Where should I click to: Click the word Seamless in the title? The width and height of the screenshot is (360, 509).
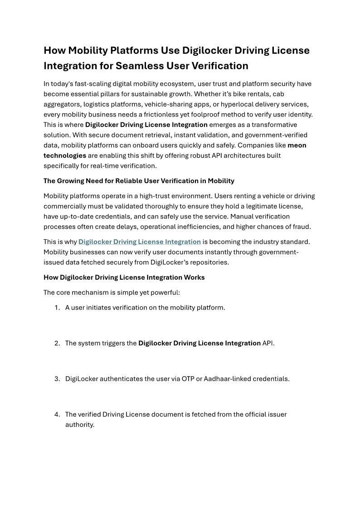[x=136, y=66]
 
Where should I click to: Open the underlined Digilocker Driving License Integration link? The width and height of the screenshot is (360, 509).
[x=139, y=242]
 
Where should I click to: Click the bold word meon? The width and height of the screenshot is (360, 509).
[x=297, y=145]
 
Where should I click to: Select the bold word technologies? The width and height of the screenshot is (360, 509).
[x=65, y=155]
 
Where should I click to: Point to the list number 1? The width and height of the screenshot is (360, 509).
[x=57, y=308]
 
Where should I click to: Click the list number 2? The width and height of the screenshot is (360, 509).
[x=57, y=343]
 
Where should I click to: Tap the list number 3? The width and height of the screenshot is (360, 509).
[x=57, y=378]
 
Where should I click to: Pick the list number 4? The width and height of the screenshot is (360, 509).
[x=57, y=414]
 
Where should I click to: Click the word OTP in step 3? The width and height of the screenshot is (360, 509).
[x=188, y=378]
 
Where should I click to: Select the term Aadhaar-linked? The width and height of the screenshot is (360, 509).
[x=225, y=378]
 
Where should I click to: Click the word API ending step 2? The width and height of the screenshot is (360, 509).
[x=268, y=343]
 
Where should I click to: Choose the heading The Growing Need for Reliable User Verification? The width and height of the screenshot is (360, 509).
[x=139, y=181]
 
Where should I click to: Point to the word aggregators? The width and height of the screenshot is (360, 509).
[x=61, y=104]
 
